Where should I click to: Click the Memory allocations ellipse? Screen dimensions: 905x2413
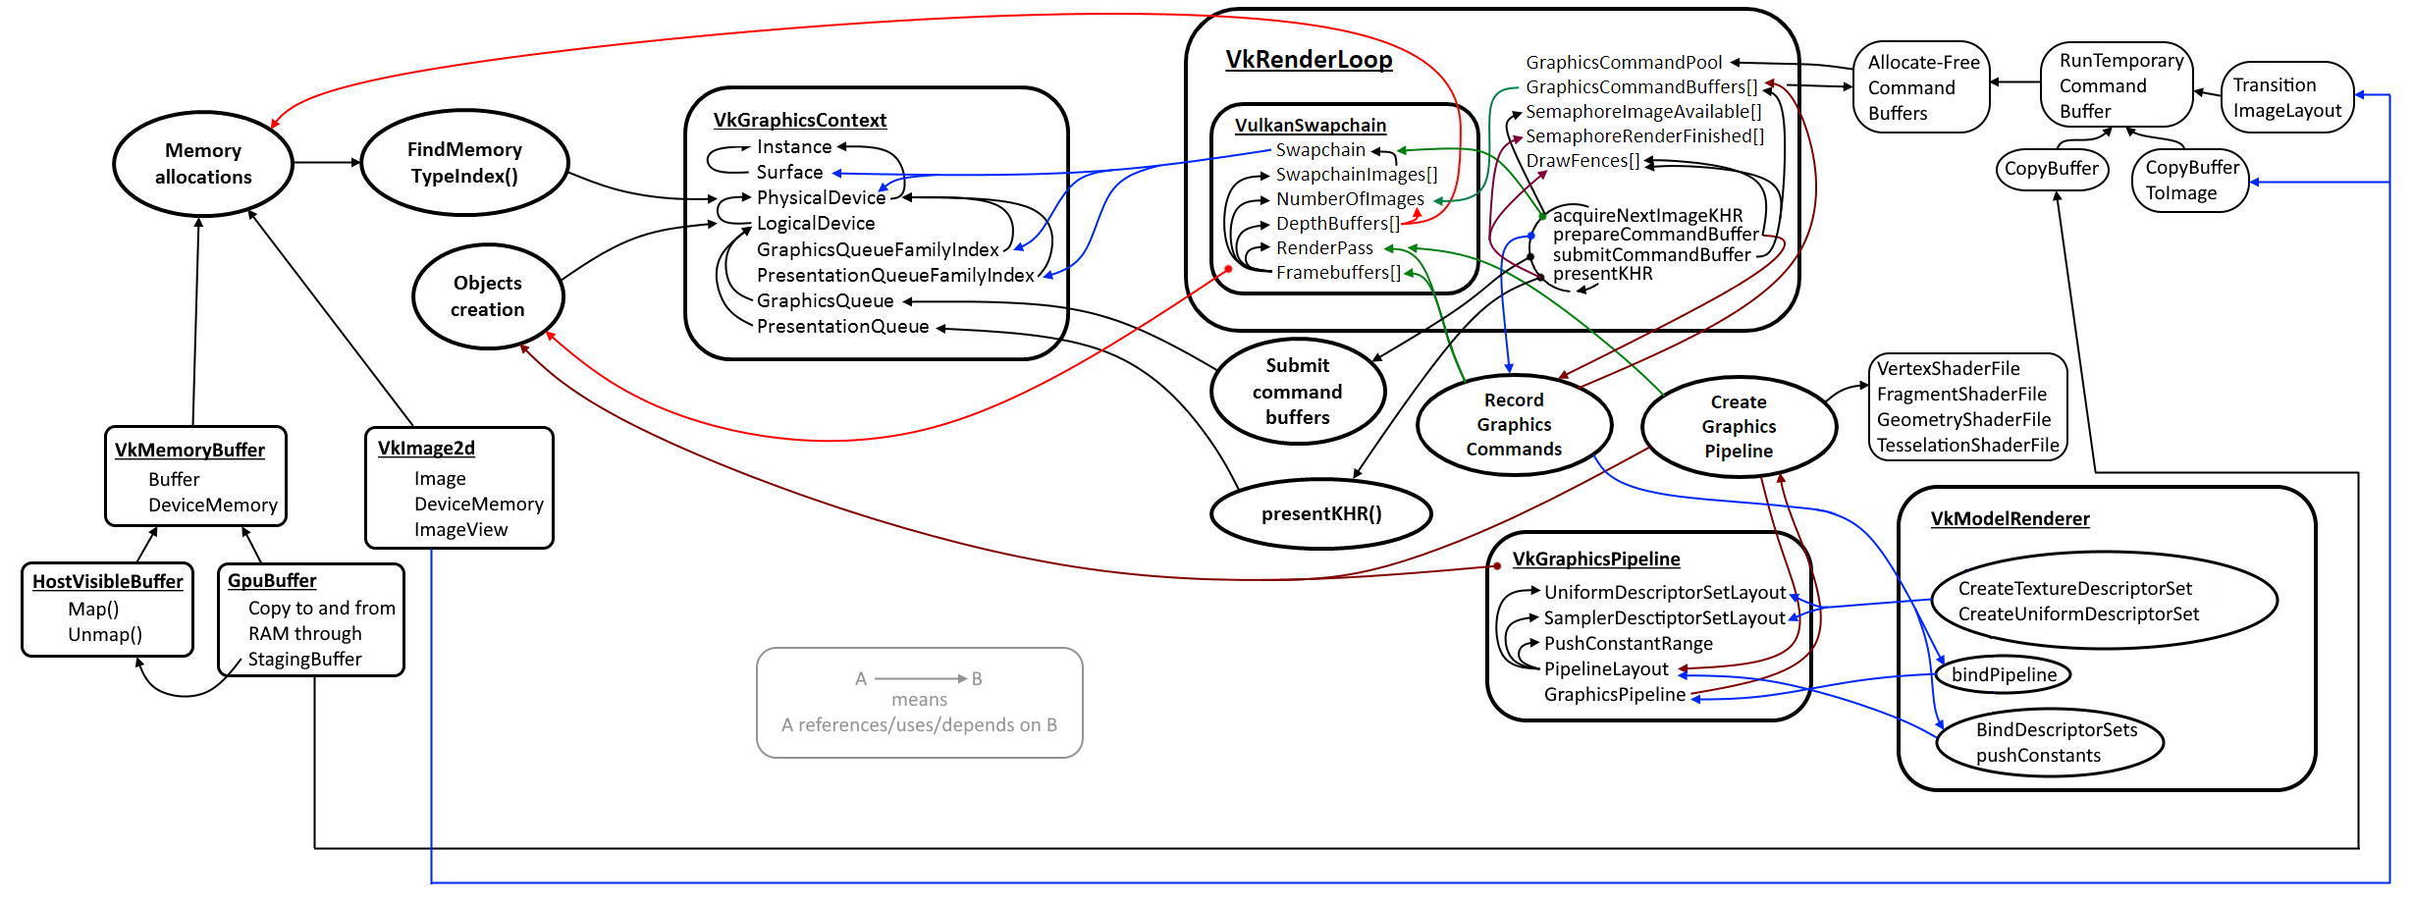tap(203, 164)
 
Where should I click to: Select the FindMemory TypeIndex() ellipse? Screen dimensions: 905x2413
tap(464, 163)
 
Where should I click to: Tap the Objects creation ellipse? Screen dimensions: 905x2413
tap(488, 295)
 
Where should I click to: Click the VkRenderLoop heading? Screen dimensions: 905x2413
tap(1309, 60)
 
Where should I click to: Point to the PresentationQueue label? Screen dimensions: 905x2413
tap(842, 326)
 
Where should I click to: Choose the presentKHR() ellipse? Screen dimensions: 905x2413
tap(1321, 513)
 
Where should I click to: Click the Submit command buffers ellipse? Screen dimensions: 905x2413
tap(1297, 392)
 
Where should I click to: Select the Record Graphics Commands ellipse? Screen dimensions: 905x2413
tap(1514, 424)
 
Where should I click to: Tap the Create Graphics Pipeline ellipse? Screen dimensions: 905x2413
tap(1739, 426)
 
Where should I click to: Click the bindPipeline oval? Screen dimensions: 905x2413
tap(2004, 674)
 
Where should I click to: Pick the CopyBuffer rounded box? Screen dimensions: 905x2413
tap(2051, 169)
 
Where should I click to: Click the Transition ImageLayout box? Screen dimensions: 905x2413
tap(2287, 98)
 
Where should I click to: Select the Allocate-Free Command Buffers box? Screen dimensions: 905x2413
tap(1921, 87)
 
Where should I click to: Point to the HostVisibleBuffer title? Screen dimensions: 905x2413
tap(107, 581)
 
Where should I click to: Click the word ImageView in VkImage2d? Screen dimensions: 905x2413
tap(460, 529)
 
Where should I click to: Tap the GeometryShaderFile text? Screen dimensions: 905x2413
tap(1963, 419)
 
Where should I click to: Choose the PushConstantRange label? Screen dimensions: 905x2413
tap(1628, 643)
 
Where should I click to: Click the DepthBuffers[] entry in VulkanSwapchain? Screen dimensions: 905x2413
tap(1338, 224)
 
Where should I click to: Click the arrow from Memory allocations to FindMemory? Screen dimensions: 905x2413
tap(327, 162)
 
